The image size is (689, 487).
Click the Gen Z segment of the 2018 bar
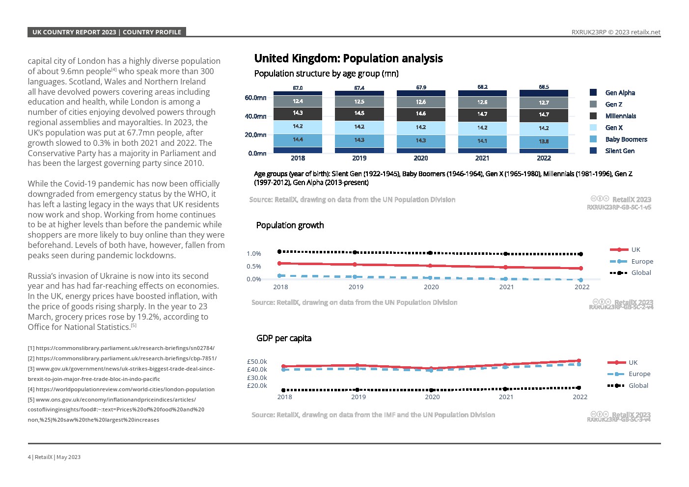(x=298, y=101)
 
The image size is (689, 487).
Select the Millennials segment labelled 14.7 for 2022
(x=544, y=114)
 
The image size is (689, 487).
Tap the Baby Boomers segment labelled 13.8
(x=544, y=141)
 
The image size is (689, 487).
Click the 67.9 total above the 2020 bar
(x=421, y=87)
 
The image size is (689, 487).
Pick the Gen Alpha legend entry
(x=620, y=93)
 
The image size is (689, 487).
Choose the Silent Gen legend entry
(x=619, y=151)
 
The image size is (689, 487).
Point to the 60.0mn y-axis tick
(x=255, y=98)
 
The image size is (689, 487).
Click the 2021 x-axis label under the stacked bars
(x=482, y=158)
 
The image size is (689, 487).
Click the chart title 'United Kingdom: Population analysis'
(x=348, y=58)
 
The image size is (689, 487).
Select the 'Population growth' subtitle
(x=290, y=225)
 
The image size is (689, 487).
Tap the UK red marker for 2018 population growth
(x=279, y=264)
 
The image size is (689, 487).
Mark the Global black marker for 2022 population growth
(x=581, y=254)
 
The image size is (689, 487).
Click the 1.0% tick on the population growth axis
(x=254, y=254)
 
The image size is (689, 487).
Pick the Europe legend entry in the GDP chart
(x=639, y=374)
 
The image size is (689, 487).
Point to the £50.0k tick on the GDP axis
(x=257, y=362)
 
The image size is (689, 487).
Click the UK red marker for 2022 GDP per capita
(x=579, y=361)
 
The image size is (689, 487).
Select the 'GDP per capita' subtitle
(x=284, y=338)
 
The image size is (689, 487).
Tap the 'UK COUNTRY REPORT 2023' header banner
(x=74, y=32)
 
